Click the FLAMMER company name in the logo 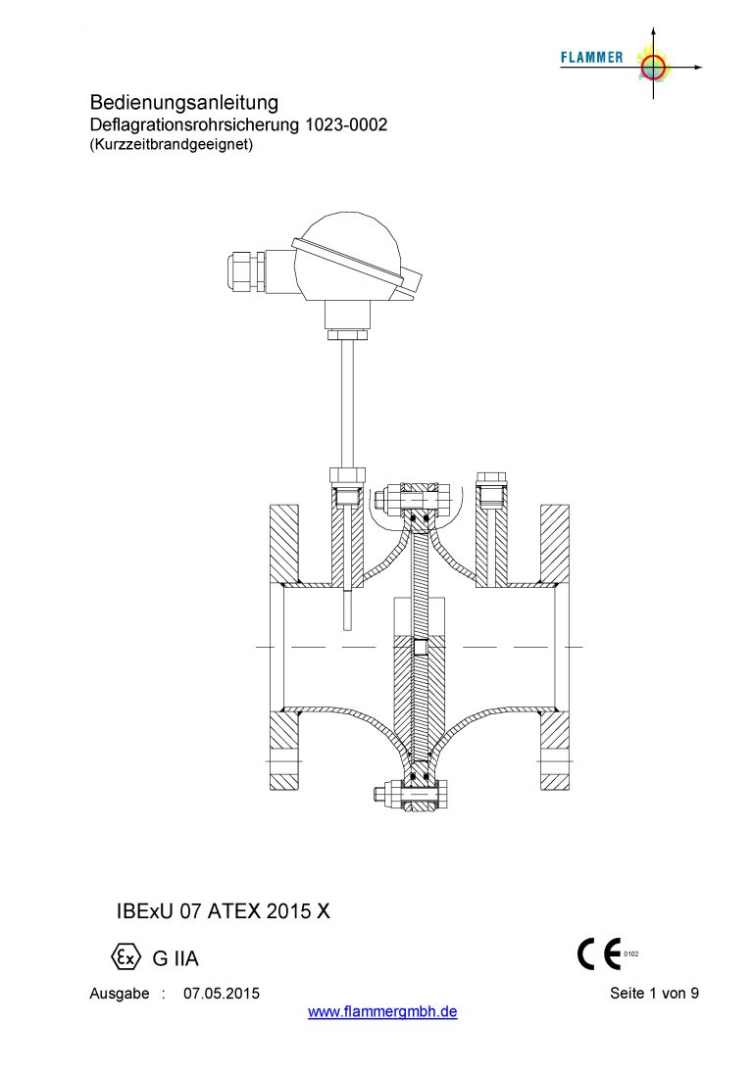(x=591, y=58)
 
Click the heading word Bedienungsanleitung (x=184, y=103)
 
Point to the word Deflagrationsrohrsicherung (x=195, y=125)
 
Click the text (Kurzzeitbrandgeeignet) (x=172, y=144)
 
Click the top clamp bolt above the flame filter (x=412, y=499)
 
